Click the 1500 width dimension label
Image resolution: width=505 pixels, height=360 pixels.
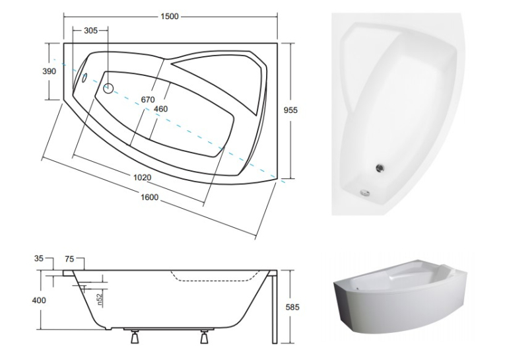170,16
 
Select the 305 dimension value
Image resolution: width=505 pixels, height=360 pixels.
90,30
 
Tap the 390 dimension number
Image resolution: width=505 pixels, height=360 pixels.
50,71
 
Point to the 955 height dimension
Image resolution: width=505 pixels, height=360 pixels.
290,110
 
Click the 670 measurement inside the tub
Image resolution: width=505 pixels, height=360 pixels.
148,100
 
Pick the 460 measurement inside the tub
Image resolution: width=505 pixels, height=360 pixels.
160,109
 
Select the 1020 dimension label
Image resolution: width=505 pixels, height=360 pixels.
142,177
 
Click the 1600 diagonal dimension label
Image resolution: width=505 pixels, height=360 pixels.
150,197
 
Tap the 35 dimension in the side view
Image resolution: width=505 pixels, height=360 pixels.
39,258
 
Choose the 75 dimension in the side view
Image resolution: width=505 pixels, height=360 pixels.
69,259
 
